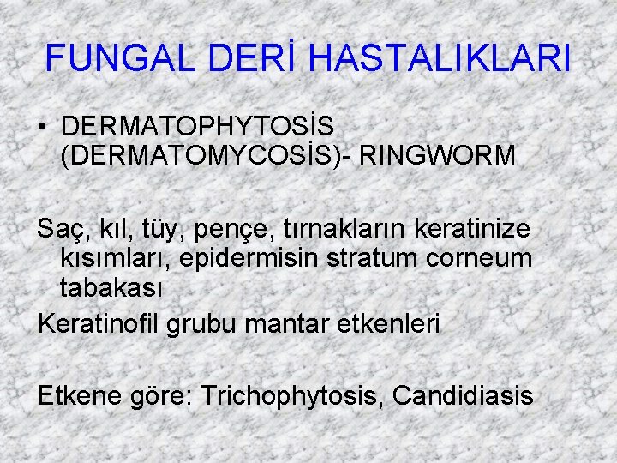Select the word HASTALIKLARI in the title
(x=439, y=58)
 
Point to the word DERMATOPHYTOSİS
(x=198, y=126)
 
